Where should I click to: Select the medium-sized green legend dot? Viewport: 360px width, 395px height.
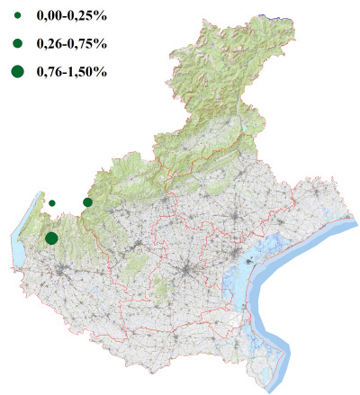click(x=17, y=43)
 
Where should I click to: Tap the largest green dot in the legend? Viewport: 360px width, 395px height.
click(x=17, y=71)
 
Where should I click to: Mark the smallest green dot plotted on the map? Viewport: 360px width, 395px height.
click(x=52, y=203)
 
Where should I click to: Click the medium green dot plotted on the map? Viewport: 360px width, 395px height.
click(x=87, y=202)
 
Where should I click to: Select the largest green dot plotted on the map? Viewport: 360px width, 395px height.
click(x=51, y=238)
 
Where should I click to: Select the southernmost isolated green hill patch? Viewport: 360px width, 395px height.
click(x=163, y=290)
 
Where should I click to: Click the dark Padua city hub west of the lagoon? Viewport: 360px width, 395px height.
click(x=187, y=270)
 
